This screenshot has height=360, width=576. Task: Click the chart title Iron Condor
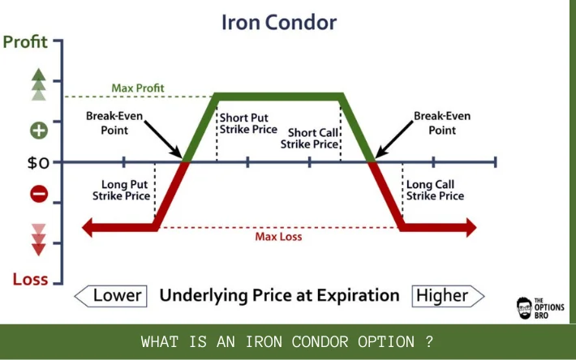coord(279,23)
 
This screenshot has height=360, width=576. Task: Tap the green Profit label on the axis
coord(25,42)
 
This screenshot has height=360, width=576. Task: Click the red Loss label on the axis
coord(31,279)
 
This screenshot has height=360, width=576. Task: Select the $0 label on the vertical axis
coord(38,162)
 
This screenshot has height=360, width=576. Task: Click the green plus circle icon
coord(39,131)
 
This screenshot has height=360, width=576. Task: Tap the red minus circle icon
coord(39,194)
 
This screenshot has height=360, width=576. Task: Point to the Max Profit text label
coord(138,88)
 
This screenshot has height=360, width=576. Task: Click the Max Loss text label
coord(278,237)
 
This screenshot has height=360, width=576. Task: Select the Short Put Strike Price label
coord(248,124)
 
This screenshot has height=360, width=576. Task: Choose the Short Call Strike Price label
coord(309,139)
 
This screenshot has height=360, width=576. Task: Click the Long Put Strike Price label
coord(121,190)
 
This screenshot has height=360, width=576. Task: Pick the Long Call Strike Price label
coord(436,190)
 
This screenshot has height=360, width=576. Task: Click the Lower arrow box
coord(110,296)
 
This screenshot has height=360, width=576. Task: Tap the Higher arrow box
coord(448,296)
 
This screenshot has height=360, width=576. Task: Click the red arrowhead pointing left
coord(87,228)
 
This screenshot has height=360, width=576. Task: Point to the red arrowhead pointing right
coord(471,228)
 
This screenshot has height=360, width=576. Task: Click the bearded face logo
coord(524,308)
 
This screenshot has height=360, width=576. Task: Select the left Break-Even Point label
coord(114,123)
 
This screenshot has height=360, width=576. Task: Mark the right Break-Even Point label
coord(442,123)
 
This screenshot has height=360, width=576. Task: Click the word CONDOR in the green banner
coord(320,342)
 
